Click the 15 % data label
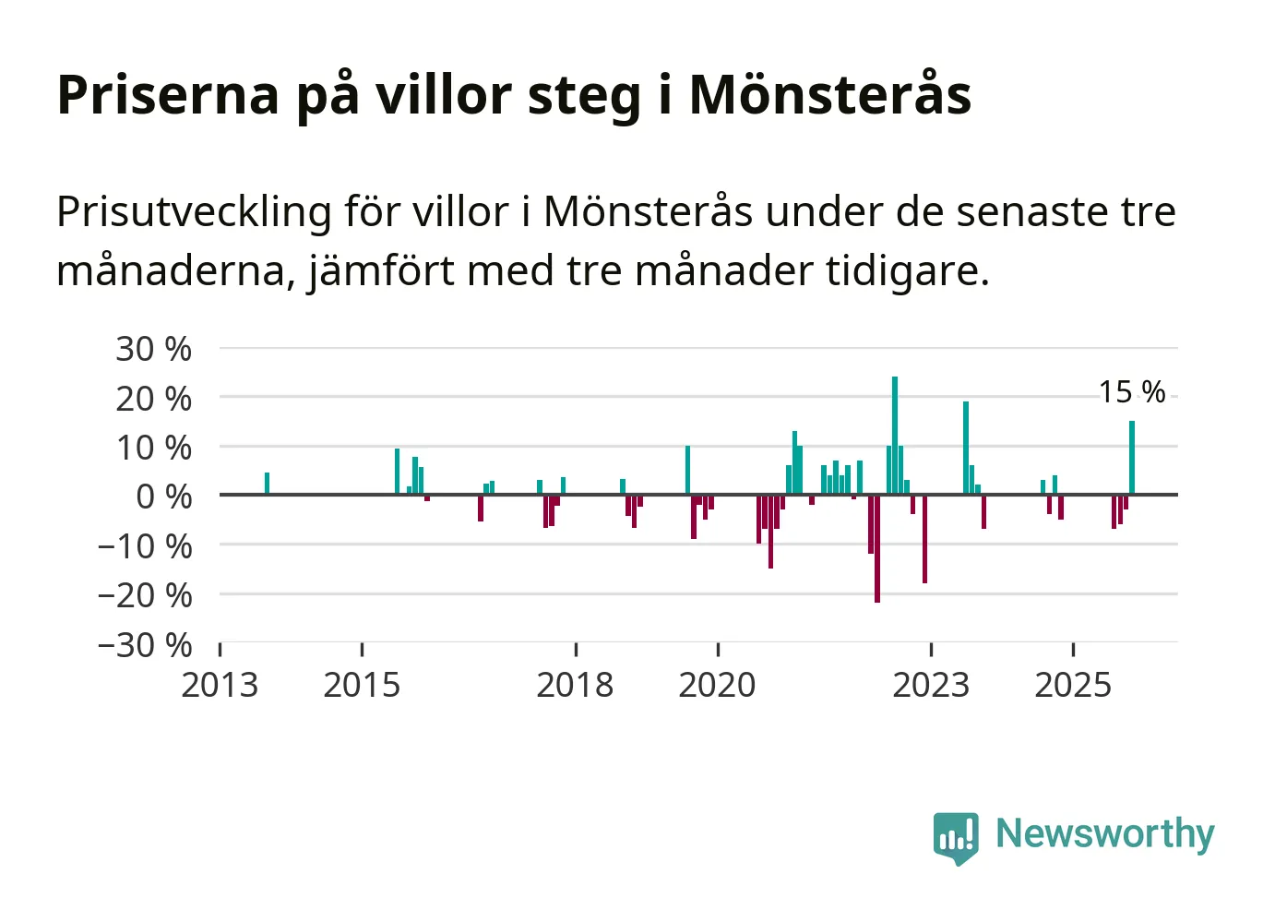pos(1132,392)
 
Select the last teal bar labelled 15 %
pos(1132,458)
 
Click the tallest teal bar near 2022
pos(895,434)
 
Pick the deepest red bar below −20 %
pos(877,548)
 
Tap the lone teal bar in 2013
pos(267,484)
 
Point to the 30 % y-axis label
pos(153,350)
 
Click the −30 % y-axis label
pos(145,644)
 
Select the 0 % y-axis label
pos(163,497)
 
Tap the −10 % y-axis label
pos(145,546)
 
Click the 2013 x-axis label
pos(220,686)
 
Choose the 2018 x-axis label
pos(575,686)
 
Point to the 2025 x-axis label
pos(1073,686)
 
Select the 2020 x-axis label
pos(717,686)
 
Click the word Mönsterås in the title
pos(830,95)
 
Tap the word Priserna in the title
pos(168,95)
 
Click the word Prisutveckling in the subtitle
pos(194,212)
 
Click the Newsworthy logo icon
pos(955,837)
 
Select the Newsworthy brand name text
pos(1105,834)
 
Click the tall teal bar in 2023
pos(966,448)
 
